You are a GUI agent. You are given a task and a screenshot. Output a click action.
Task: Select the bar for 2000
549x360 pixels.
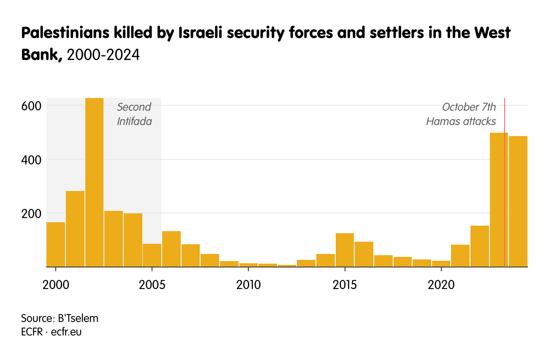tap(56, 245)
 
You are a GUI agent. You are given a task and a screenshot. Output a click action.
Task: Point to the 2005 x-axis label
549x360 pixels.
tap(152, 284)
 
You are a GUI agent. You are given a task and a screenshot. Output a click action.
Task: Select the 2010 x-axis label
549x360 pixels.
tap(249, 284)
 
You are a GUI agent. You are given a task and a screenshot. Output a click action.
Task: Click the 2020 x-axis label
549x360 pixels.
tap(441, 284)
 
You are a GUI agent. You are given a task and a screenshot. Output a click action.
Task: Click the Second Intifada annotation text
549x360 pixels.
tap(134, 114)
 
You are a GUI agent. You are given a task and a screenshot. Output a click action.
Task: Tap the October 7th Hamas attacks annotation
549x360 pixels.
tap(461, 114)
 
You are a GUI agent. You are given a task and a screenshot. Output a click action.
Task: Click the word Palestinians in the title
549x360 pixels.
tap(59, 33)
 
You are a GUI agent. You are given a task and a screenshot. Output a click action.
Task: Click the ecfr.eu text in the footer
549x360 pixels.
tap(66, 332)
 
